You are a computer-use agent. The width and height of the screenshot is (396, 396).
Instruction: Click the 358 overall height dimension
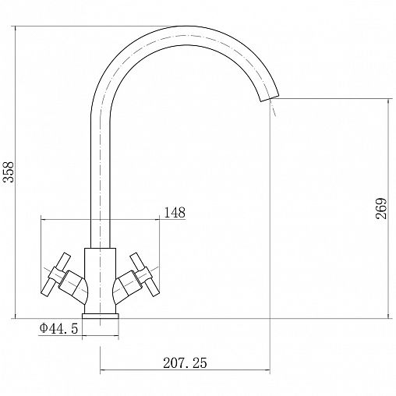click(9, 171)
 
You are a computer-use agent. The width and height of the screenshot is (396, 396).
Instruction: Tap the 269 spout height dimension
click(381, 209)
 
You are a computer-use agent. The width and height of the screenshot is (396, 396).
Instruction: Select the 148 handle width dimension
click(175, 213)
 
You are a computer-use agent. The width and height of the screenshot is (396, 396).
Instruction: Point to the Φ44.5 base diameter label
click(58, 328)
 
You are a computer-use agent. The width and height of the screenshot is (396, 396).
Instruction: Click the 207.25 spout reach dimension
click(185, 363)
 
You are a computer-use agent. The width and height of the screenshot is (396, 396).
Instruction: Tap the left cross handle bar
click(56, 274)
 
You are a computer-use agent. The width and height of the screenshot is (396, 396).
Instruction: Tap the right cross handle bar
click(145, 274)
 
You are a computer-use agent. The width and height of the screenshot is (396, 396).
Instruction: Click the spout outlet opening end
click(270, 98)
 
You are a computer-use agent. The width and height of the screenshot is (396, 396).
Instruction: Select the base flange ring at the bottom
click(101, 316)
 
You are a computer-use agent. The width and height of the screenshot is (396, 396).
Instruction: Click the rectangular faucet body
click(101, 281)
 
